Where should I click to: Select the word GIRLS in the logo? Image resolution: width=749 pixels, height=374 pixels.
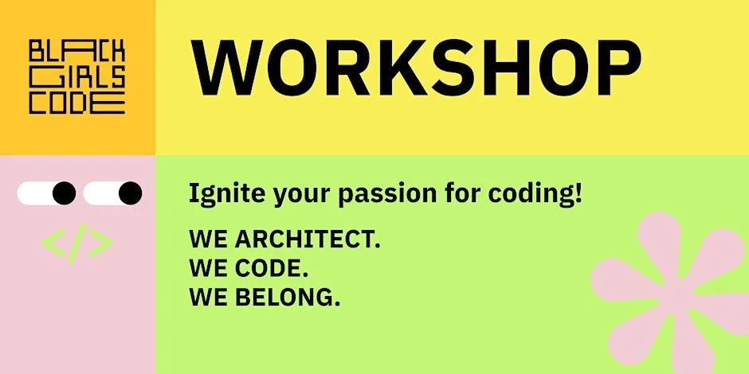click(77, 78)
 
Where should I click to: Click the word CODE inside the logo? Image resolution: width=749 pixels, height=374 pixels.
click(77, 103)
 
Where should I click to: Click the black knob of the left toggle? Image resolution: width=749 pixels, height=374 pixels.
click(64, 193)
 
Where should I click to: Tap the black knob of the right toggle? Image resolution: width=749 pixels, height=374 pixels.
click(130, 193)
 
